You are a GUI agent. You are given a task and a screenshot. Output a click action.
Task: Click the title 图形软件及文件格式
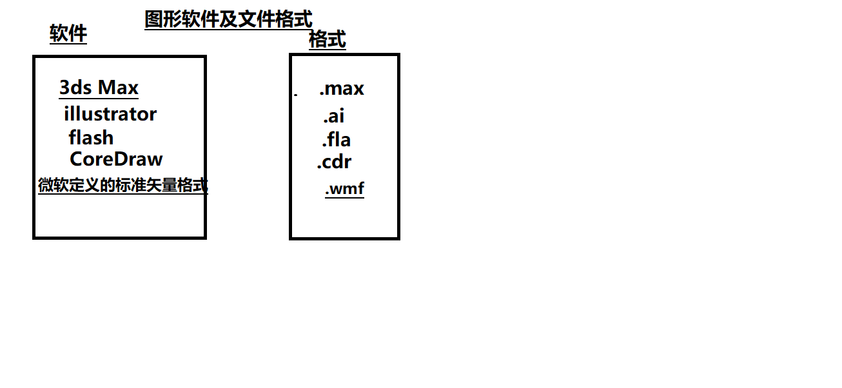click(x=228, y=19)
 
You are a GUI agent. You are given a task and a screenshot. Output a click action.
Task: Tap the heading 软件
click(x=68, y=34)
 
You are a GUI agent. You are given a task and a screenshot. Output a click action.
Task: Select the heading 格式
click(x=328, y=40)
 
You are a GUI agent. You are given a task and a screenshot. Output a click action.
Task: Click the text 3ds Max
click(x=99, y=88)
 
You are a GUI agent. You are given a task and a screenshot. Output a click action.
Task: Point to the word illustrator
click(x=110, y=114)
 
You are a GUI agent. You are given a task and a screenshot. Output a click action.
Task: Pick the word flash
click(x=91, y=137)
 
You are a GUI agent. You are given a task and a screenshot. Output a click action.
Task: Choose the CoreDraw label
click(x=116, y=159)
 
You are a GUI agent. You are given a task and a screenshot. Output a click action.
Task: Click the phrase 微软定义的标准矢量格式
click(x=122, y=186)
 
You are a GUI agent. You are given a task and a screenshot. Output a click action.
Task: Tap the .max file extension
click(x=342, y=88)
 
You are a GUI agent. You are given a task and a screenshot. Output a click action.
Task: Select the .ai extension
click(x=334, y=116)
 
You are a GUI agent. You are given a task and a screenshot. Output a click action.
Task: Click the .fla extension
click(x=336, y=139)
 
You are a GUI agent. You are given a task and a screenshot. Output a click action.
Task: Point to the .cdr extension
click(x=334, y=162)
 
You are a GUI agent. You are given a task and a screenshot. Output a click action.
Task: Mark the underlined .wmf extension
click(x=344, y=189)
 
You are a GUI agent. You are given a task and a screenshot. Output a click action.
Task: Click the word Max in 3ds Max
click(x=118, y=88)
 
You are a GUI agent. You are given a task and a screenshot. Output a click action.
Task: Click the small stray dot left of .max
click(x=296, y=95)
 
